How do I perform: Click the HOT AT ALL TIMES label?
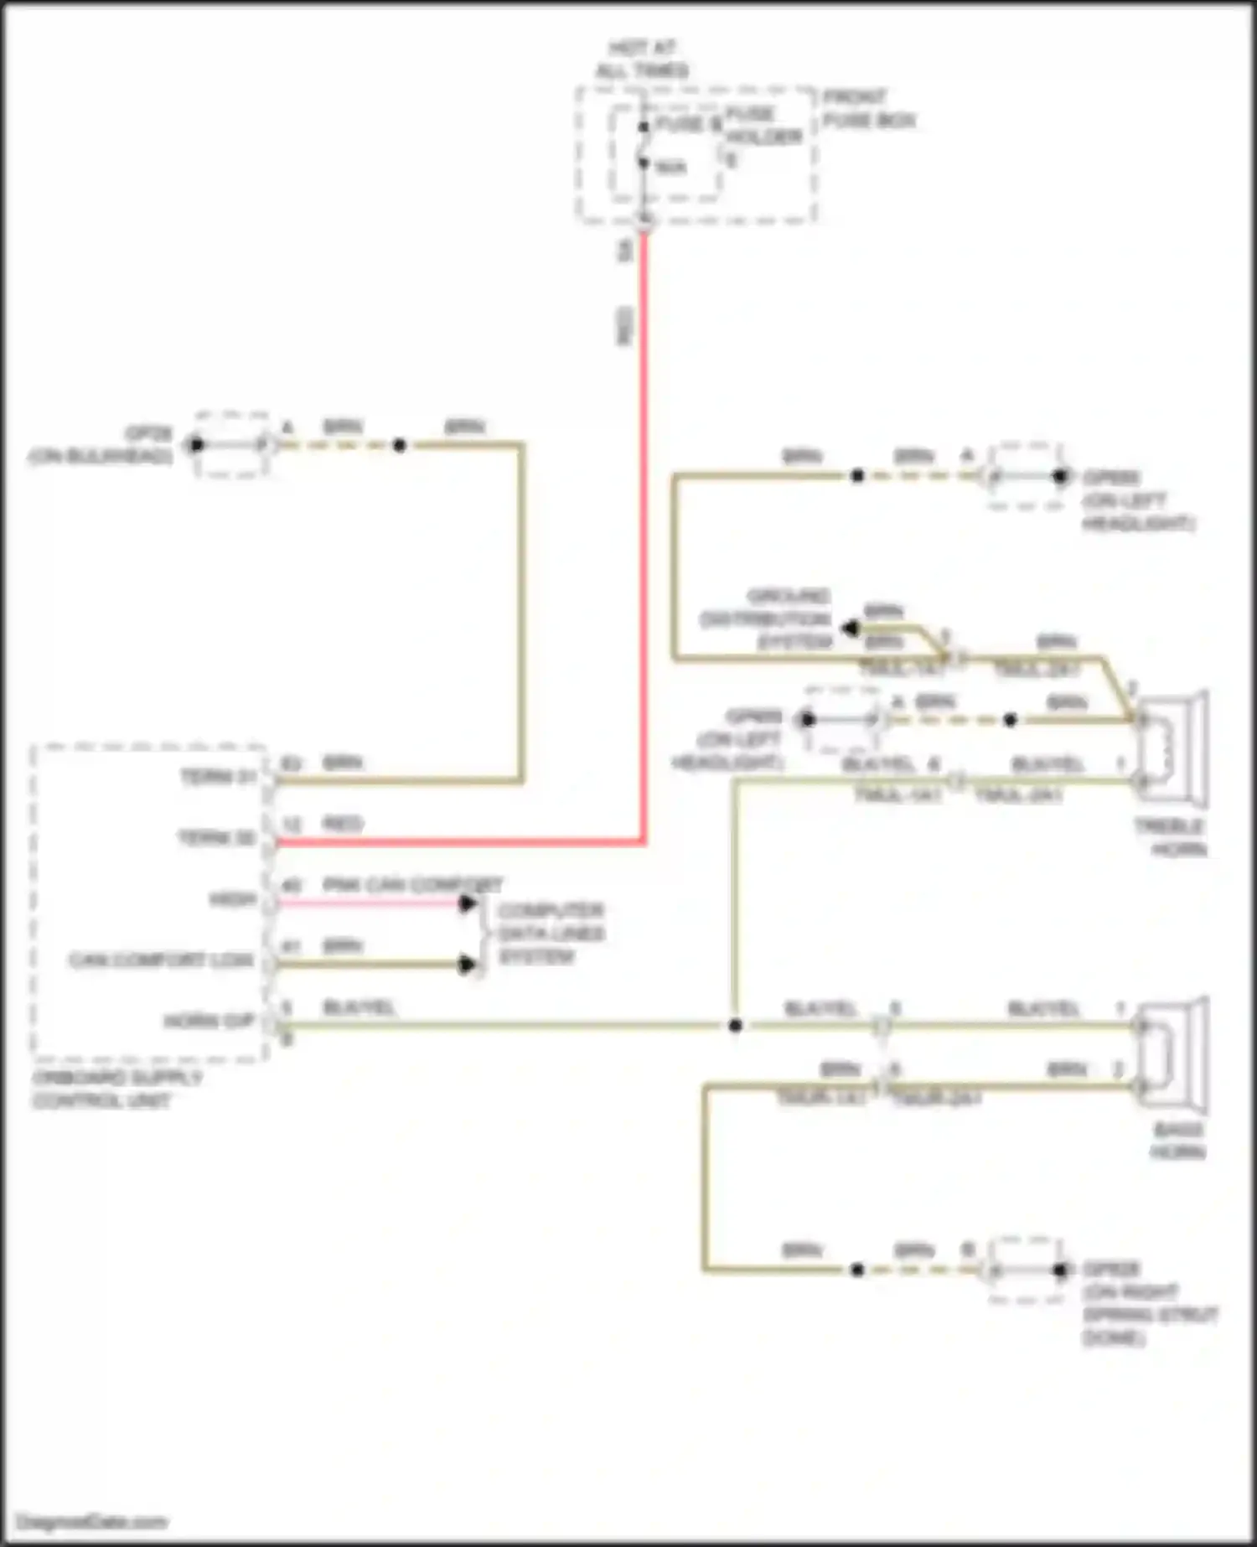tap(642, 59)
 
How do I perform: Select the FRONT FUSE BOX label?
tap(868, 109)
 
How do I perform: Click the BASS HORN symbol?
tap(1173, 1054)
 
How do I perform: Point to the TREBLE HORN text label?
tap(1170, 838)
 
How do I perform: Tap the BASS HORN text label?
tap(1177, 1141)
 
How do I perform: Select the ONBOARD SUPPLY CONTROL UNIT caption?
tap(117, 1089)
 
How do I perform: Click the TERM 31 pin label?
tap(218, 778)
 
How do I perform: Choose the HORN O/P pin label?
tap(209, 1022)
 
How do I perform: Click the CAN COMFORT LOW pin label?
tap(161, 960)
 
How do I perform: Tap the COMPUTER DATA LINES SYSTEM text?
tap(551, 934)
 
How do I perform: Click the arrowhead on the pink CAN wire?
tap(468, 903)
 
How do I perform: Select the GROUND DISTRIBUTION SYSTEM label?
tap(766, 619)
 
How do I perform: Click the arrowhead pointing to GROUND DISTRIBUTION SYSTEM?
tap(851, 628)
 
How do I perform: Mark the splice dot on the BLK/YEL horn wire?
tap(735, 1026)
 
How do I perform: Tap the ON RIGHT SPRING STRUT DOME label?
tap(1148, 1303)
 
